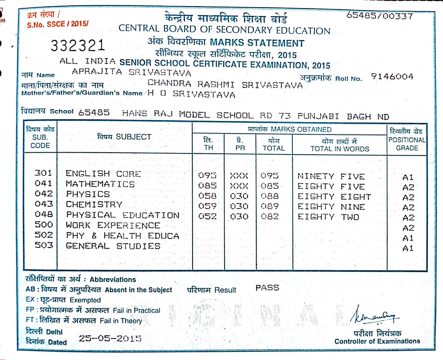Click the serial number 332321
click(x=78, y=46)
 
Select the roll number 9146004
click(x=392, y=77)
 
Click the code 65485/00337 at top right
click(x=379, y=16)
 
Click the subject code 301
click(x=43, y=173)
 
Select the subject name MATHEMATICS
click(x=100, y=184)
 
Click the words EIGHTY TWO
click(x=328, y=217)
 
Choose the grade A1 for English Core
click(x=408, y=177)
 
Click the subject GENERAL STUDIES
click(x=113, y=246)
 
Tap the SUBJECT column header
click(x=124, y=137)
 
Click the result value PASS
click(x=267, y=288)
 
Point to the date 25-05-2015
click(x=110, y=338)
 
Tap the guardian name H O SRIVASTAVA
click(x=191, y=94)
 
